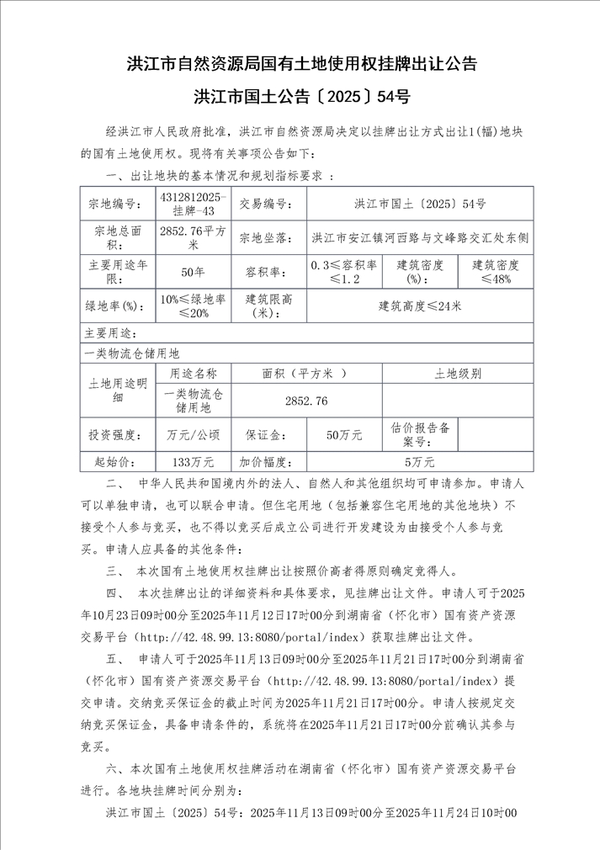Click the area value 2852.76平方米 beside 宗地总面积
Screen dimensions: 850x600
click(x=193, y=237)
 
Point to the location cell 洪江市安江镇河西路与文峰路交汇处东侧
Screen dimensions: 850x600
click(x=419, y=237)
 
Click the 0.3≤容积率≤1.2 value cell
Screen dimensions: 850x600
click(x=344, y=272)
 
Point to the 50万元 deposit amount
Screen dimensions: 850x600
click(x=344, y=435)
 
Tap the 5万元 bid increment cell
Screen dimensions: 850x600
click(x=419, y=462)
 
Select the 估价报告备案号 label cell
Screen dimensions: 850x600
click(x=419, y=435)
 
